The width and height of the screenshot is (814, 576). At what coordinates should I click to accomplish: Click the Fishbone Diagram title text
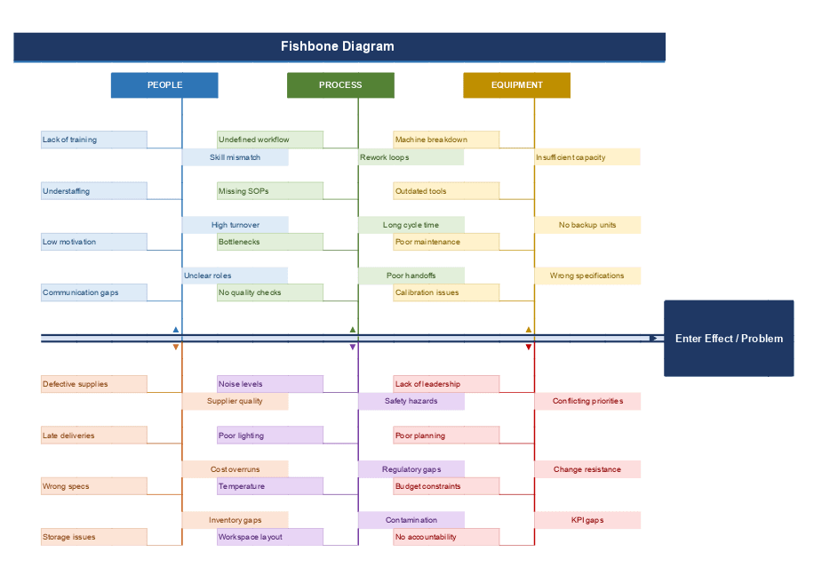[x=338, y=46]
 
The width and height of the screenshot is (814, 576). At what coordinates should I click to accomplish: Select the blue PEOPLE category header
[x=164, y=85]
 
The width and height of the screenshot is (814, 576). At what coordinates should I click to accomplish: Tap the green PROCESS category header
[x=340, y=85]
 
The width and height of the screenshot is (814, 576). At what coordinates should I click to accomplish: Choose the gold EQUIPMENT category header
[x=516, y=85]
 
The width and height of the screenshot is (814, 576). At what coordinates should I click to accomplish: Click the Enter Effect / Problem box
[x=729, y=339]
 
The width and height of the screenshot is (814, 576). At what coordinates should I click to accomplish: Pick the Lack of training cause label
[x=93, y=140]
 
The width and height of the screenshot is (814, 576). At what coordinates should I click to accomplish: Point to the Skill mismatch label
[x=235, y=157]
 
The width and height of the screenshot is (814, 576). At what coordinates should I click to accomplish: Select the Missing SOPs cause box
[x=269, y=191]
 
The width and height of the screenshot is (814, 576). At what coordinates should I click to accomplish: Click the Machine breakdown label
[x=446, y=140]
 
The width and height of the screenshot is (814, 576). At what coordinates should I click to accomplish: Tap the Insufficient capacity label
[x=587, y=157]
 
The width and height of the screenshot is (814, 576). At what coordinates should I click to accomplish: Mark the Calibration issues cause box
[x=446, y=292]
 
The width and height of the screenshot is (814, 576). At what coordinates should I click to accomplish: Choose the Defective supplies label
[x=93, y=384]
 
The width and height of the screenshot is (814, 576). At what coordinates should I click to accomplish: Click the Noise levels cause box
[x=269, y=384]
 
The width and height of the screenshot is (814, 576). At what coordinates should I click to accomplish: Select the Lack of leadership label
[x=446, y=384]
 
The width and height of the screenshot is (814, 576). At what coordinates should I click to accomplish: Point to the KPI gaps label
[x=587, y=520]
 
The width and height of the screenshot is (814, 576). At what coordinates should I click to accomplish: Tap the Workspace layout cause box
[x=269, y=537]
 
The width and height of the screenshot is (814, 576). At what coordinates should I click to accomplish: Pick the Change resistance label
[x=587, y=469]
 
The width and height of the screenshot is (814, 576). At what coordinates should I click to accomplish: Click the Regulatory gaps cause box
[x=411, y=469]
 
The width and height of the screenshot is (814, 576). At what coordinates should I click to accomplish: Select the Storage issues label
[x=93, y=537]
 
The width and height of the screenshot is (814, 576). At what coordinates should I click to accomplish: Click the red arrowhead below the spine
[x=529, y=348]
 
